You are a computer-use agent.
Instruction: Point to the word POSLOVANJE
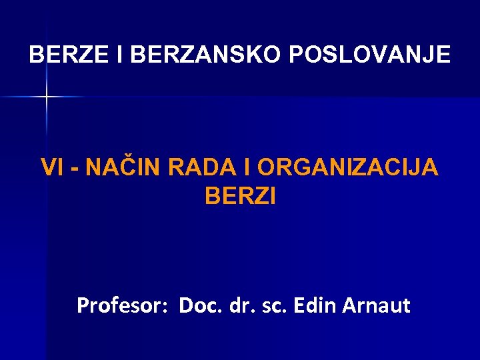tap(370, 55)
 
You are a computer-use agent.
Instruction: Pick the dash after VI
tap(75, 169)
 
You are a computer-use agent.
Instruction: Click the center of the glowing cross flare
tap(47, 97)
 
